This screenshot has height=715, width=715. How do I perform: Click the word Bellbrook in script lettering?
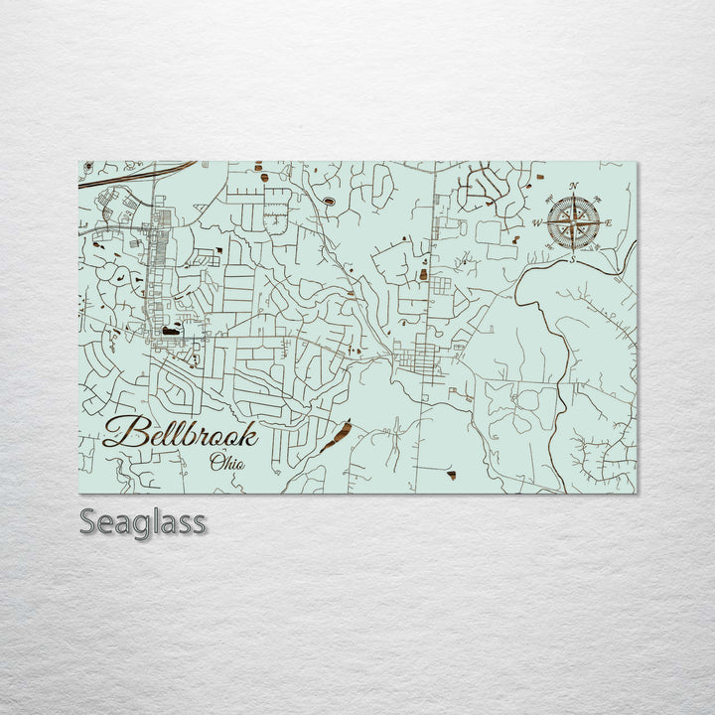(x=181, y=434)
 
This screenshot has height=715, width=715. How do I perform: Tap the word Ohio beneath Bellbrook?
(x=228, y=460)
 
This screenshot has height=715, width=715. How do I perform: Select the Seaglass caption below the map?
(x=143, y=521)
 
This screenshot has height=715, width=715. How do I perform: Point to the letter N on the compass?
(x=573, y=186)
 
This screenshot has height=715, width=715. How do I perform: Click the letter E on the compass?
(x=608, y=222)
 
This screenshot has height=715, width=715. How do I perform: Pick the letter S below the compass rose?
(x=573, y=258)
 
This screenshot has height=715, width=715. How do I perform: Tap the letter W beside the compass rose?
(x=537, y=222)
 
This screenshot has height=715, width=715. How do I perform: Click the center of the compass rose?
(x=573, y=221)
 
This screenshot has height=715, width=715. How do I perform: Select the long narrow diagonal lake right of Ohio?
(x=336, y=435)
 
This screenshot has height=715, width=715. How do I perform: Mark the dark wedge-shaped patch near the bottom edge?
(x=452, y=476)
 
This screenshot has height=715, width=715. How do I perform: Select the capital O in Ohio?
(x=215, y=460)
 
